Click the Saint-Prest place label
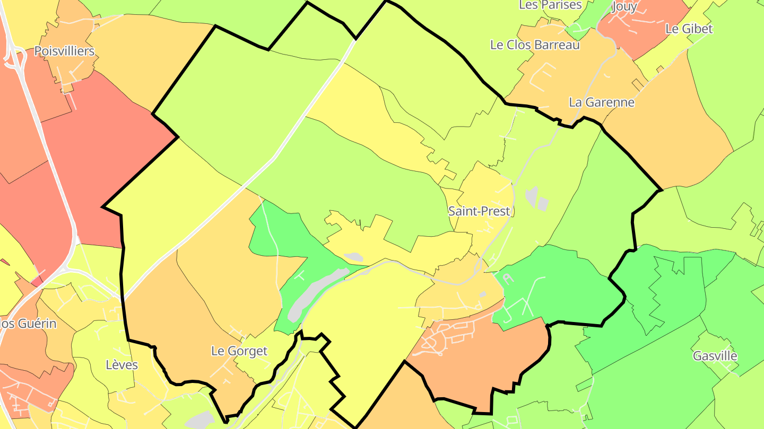(x=479, y=211)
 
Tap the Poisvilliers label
(x=64, y=51)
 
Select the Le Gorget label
(x=239, y=351)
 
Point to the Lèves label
(x=121, y=364)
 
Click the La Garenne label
(x=601, y=102)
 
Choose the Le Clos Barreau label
(x=535, y=45)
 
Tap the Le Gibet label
(x=689, y=29)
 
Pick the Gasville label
(x=715, y=356)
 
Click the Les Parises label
(x=550, y=5)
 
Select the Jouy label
(x=624, y=6)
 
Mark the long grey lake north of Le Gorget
(x=313, y=291)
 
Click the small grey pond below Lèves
(x=199, y=420)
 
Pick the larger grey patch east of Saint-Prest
(x=531, y=196)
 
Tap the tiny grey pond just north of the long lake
(x=353, y=257)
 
